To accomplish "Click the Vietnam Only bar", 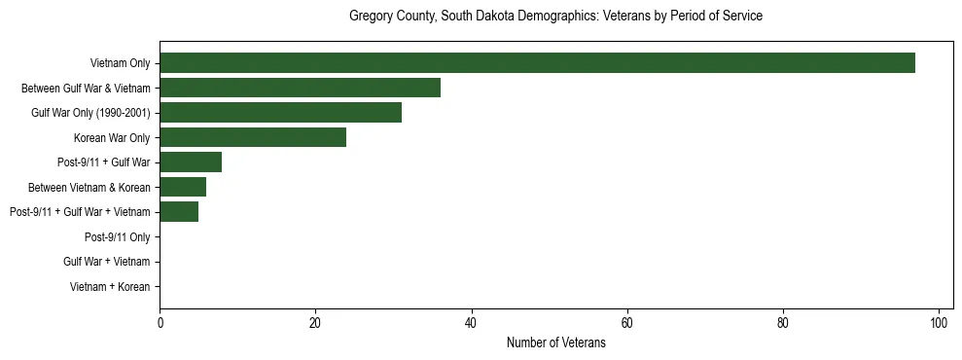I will [x=537, y=63].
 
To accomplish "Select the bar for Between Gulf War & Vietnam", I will [x=300, y=88].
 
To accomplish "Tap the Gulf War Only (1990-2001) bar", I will [x=280, y=113].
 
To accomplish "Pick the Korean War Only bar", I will [x=253, y=137].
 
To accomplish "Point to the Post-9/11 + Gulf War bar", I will [x=191, y=162].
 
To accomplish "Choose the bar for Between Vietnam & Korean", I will [x=183, y=187].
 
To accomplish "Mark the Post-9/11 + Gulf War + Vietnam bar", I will [x=179, y=212].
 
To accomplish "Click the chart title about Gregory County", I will [x=555, y=17].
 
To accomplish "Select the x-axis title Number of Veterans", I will [x=555, y=343].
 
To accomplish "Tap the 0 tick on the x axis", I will [x=160, y=323].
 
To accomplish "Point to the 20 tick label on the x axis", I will [x=315, y=323].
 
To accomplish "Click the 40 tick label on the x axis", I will [x=471, y=323].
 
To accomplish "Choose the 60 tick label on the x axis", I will [x=627, y=323].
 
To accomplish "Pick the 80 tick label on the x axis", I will [x=783, y=323].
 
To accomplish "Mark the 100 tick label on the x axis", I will [x=939, y=323].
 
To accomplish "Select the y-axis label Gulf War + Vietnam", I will [x=106, y=262].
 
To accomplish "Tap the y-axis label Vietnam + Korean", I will [x=110, y=287].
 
